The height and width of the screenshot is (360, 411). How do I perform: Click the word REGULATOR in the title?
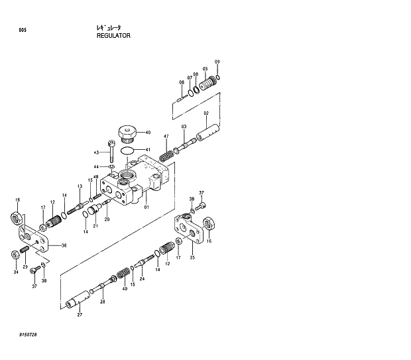[113, 36]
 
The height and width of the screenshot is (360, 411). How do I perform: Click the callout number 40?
[148, 133]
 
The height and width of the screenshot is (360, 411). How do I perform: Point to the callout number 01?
[147, 207]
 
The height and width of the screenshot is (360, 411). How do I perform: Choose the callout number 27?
[80, 314]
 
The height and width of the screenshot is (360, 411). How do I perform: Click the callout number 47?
[166, 137]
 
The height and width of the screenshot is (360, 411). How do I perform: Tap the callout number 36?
[64, 246]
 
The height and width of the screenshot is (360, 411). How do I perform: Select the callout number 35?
[192, 257]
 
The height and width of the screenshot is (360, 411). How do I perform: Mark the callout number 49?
[124, 288]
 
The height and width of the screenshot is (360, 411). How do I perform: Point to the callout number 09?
[217, 62]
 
